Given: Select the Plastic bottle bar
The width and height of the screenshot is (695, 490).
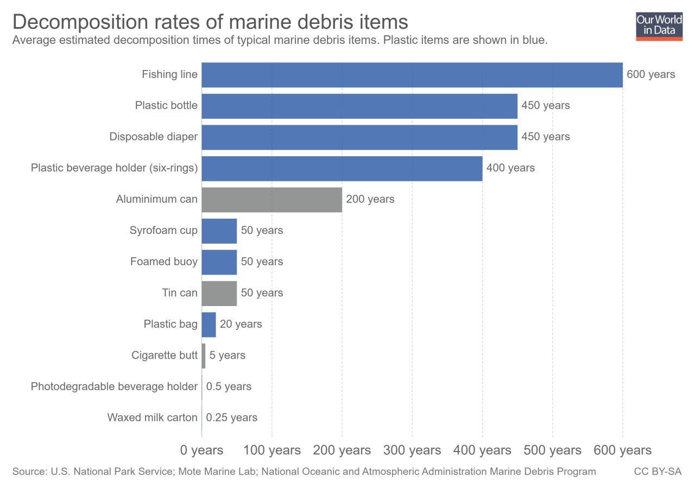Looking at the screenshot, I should click(359, 106).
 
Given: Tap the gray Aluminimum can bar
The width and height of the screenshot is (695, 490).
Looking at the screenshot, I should click(271, 199).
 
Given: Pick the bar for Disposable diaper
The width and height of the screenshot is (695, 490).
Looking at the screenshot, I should click(359, 137).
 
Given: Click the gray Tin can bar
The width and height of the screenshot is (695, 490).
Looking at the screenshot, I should click(219, 293).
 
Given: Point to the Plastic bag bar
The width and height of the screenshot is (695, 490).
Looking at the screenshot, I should click(208, 324).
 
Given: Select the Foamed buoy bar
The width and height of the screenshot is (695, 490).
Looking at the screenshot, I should click(219, 262).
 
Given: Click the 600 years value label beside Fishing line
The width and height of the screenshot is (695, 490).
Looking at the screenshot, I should click(650, 74).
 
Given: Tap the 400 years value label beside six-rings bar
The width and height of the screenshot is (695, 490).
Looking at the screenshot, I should click(510, 168).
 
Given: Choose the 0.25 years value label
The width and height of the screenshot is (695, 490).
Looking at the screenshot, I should click(231, 418).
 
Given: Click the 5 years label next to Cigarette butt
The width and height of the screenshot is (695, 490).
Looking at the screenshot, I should click(227, 355).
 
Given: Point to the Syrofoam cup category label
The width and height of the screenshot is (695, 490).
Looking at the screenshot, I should click(163, 231).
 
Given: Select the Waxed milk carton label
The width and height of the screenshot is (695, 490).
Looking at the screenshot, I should click(152, 418).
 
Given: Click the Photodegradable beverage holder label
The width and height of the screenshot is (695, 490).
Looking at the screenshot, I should click(114, 387).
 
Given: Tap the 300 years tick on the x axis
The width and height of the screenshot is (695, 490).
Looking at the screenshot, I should click(412, 450).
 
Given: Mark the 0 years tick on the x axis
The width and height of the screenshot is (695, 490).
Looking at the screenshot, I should click(201, 450).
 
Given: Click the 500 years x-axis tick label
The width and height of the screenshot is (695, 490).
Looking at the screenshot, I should click(552, 450).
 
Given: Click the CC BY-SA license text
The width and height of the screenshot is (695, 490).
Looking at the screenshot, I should click(658, 472).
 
